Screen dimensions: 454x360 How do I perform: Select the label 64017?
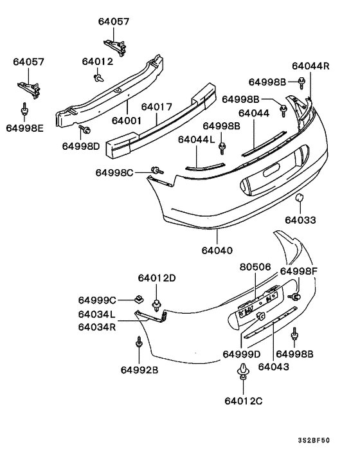pyautogui.click(x=157, y=107)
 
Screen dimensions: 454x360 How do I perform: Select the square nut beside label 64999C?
pyautogui.click(x=138, y=298)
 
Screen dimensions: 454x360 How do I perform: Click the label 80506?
pyautogui.click(x=255, y=266)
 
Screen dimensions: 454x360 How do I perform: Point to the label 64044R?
pyautogui.click(x=310, y=66)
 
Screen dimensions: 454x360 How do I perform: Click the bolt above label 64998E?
pyautogui.click(x=24, y=110)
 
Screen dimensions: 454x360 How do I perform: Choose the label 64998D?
pyautogui.click(x=81, y=146)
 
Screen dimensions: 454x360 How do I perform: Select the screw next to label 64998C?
pyautogui.click(x=156, y=170)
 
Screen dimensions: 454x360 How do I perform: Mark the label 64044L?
pyautogui.click(x=195, y=140)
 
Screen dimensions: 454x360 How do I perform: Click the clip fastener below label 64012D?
pyautogui.click(x=156, y=302)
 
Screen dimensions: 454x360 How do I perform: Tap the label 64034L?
pyautogui.click(x=97, y=314)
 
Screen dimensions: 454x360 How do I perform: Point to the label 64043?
pyautogui.click(x=274, y=367)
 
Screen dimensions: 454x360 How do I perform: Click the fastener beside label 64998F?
pyautogui.click(x=297, y=296)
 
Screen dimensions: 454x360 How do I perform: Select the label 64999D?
pyautogui.click(x=242, y=354)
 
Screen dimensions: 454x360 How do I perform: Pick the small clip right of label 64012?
pyautogui.click(x=98, y=78)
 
